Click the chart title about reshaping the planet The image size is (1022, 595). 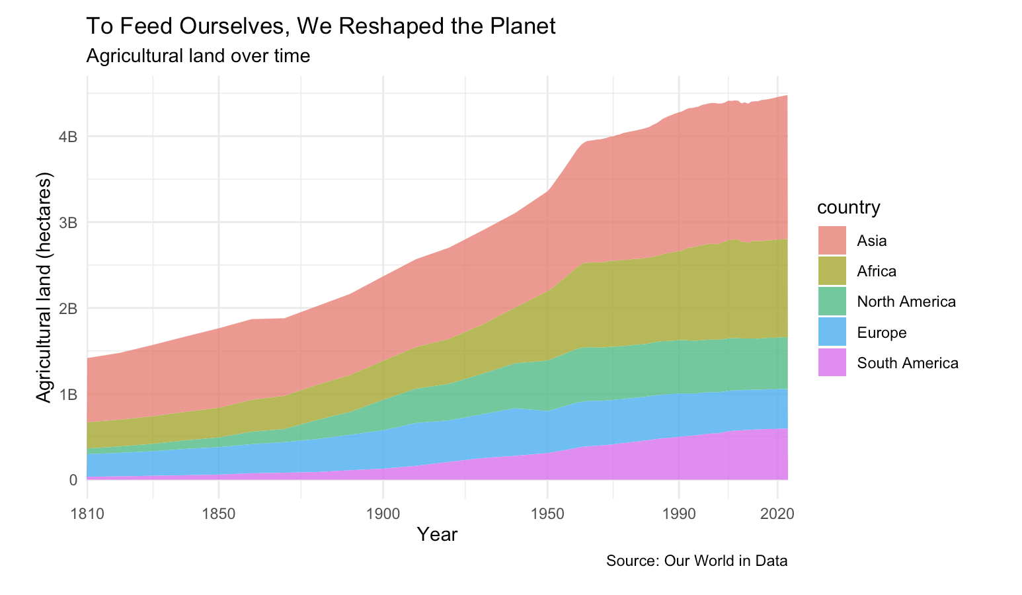click(321, 26)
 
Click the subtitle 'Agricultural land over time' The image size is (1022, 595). click(198, 56)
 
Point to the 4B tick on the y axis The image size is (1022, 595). click(68, 137)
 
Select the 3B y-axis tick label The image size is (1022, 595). click(68, 223)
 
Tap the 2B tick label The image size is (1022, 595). click(68, 309)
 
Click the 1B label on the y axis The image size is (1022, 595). click(68, 394)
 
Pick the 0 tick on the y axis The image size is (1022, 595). click(73, 479)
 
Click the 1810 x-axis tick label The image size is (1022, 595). click(87, 514)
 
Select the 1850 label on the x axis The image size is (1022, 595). click(219, 514)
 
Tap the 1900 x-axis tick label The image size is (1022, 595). click(383, 514)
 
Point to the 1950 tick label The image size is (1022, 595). click(547, 514)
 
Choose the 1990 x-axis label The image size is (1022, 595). click(679, 514)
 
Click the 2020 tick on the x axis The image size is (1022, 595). click(777, 514)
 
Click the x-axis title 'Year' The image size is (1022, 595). click(437, 534)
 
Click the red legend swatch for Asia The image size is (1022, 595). click(832, 241)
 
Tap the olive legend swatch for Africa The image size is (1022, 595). click(832, 271)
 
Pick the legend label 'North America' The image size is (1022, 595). click(906, 301)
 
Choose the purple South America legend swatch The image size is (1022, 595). click(832, 363)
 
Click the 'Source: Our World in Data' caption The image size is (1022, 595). click(697, 561)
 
